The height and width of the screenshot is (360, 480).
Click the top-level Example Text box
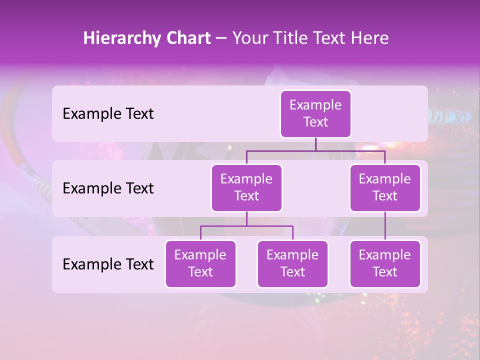pyautogui.click(x=315, y=114)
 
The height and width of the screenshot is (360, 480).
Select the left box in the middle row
pyautogui.click(x=246, y=188)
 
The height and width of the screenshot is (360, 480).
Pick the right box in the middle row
pyautogui.click(x=385, y=188)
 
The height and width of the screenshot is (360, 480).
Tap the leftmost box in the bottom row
pyautogui.click(x=200, y=264)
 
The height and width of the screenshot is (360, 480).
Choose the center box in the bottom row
pyautogui.click(x=292, y=264)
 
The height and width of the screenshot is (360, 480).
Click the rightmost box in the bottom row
pyautogui.click(x=385, y=264)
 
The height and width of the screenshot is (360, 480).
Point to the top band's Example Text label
pyautogui.click(x=108, y=114)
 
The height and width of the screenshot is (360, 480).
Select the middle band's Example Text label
pyautogui.click(x=108, y=188)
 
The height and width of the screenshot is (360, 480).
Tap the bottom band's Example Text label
pyautogui.click(x=108, y=264)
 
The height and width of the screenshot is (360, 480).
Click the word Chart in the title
pyautogui.click(x=188, y=38)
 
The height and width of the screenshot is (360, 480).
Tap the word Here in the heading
pyautogui.click(x=370, y=38)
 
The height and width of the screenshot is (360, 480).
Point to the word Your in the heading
pyautogui.click(x=250, y=38)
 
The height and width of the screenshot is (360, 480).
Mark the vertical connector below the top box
pyautogui.click(x=315, y=144)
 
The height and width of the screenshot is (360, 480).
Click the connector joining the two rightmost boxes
pyautogui.click(x=385, y=226)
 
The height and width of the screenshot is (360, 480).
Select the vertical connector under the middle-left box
pyautogui.click(x=246, y=219)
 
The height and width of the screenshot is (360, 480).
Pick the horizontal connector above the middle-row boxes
pyautogui.click(x=315, y=150)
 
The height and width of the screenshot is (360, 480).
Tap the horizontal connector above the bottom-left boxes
pyautogui.click(x=246, y=226)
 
